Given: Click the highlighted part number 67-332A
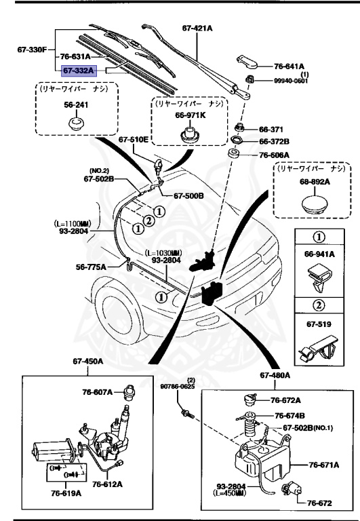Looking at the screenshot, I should pos(79,70).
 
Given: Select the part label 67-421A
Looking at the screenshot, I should pos(198,28).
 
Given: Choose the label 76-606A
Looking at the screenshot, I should pos(274,155).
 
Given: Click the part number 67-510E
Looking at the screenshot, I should pos(133,140).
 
